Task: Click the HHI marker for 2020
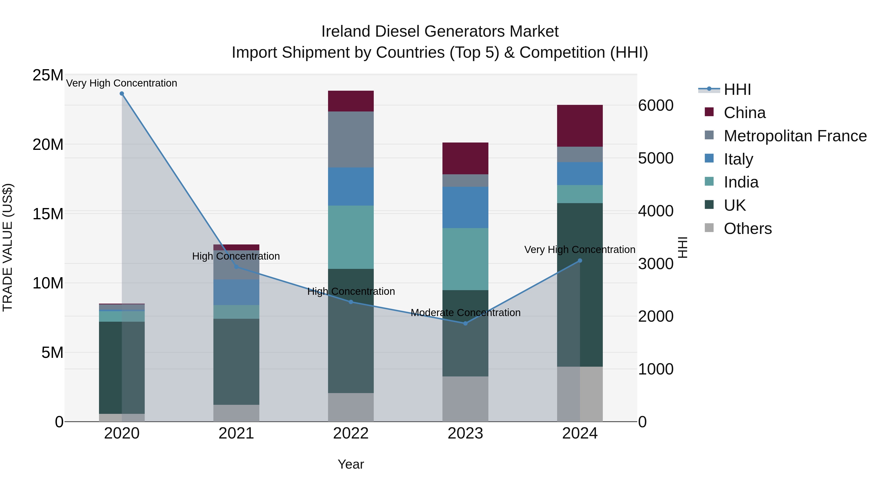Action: [x=122, y=94]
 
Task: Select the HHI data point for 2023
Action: [x=465, y=323]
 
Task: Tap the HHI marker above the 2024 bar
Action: [x=580, y=261]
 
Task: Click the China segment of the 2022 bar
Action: [x=351, y=101]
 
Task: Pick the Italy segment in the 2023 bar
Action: [x=465, y=207]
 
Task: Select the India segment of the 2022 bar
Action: [x=351, y=237]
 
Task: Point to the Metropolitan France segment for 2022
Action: [x=351, y=139]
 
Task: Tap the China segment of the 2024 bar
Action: [x=580, y=126]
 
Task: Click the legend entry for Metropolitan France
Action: [x=795, y=136]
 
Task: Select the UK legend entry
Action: [x=735, y=205]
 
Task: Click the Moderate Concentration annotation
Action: [x=465, y=313]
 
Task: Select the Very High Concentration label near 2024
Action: [x=580, y=250]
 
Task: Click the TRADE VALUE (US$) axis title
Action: [x=8, y=247]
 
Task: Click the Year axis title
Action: [x=351, y=464]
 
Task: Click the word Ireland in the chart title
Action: [x=345, y=32]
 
